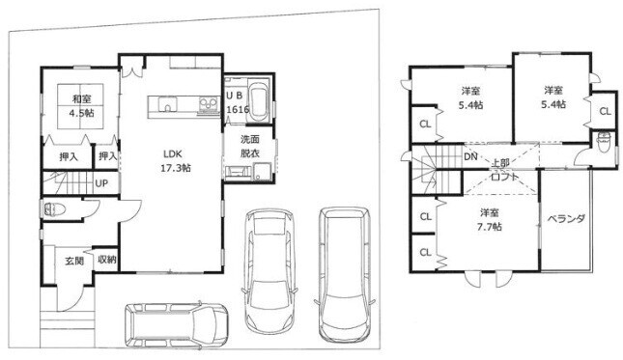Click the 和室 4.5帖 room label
click(81, 105)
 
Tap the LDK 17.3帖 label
click(175, 161)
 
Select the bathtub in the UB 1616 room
click(258, 101)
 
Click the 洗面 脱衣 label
click(250, 146)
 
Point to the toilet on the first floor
click(51, 209)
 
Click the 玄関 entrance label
click(74, 262)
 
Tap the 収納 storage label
click(107, 260)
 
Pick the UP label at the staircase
click(101, 183)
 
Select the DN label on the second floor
click(470, 156)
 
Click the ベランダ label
click(566, 219)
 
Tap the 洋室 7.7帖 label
click(489, 219)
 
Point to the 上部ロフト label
click(503, 170)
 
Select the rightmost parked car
click(344, 274)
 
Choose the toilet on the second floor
click(604, 141)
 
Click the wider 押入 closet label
click(69, 157)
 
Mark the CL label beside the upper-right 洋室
click(605, 112)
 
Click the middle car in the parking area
click(270, 271)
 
